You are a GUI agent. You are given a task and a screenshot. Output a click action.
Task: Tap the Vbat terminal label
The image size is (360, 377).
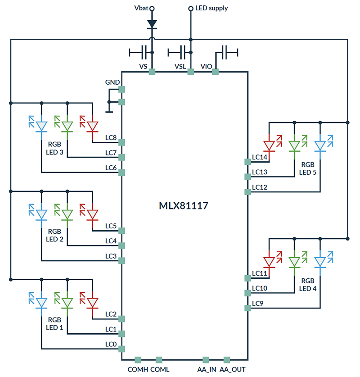(x=141, y=8)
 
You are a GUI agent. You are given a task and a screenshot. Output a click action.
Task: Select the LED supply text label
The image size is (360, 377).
(x=211, y=8)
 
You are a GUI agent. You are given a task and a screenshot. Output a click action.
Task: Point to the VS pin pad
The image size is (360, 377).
(x=152, y=72)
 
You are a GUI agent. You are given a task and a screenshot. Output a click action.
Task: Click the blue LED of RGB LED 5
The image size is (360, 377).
(x=320, y=145)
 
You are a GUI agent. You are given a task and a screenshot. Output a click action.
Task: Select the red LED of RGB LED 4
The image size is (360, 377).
(x=269, y=261)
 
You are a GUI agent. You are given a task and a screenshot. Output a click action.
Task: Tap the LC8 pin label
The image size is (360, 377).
(x=111, y=138)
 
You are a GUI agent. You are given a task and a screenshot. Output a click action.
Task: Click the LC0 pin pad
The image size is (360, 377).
(x=121, y=349)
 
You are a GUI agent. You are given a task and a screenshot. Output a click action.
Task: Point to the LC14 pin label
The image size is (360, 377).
(x=260, y=157)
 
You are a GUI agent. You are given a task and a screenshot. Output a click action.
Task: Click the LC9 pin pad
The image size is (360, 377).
(x=247, y=308)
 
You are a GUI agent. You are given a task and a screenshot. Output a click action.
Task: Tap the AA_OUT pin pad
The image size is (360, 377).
(x=227, y=359)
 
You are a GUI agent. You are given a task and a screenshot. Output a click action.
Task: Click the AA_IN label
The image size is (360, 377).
(x=207, y=369)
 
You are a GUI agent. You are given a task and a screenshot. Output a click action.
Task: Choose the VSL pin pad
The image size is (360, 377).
(x=190, y=72)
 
